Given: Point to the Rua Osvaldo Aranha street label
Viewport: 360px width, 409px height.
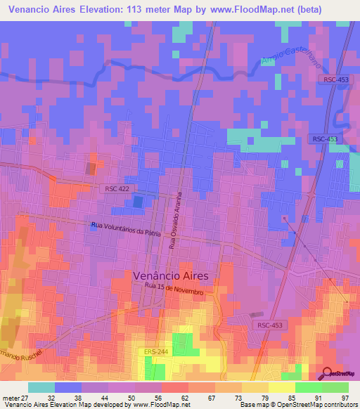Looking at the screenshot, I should pyautogui.click(x=175, y=219).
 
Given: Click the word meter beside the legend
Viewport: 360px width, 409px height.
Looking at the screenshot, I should pyautogui.click(x=11, y=397).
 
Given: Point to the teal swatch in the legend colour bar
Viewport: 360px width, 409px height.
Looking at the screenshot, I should pyautogui.click(x=41, y=387).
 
